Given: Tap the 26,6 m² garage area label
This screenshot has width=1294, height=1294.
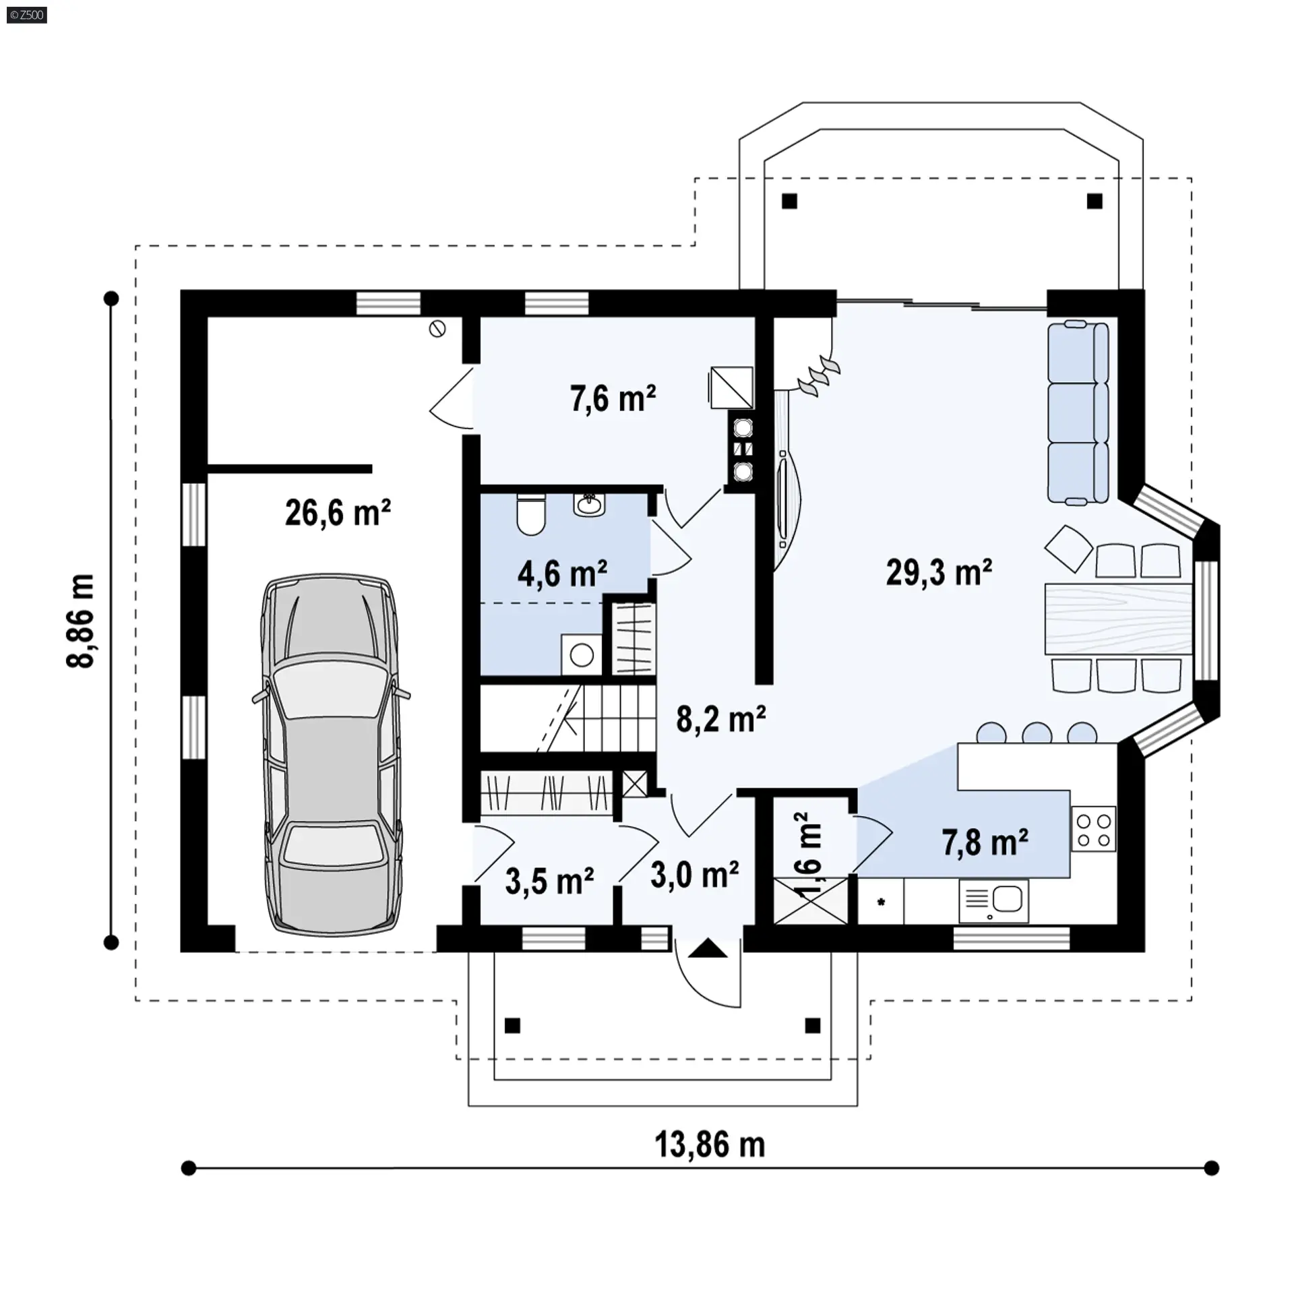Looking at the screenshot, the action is coord(338,513).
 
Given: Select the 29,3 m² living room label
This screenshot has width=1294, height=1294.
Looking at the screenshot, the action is coord(939,572).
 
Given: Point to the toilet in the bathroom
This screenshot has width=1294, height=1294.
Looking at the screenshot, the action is coord(530,515).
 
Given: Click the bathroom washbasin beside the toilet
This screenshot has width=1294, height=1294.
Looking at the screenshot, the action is coord(590,504).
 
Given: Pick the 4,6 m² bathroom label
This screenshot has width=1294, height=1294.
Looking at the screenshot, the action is coord(562,574).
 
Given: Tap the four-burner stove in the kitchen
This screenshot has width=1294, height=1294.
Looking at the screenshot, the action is coord(1093,829).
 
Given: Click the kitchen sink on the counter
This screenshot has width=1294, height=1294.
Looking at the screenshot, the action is coord(993,900).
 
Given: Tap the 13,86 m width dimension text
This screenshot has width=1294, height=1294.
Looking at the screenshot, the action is coord(710,1145).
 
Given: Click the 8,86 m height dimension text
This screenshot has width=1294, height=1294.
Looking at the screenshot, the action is coord(81,621).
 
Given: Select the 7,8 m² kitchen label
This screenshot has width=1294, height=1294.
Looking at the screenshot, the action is coord(985,842).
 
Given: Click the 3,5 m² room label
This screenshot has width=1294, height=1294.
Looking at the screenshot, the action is coord(549,882).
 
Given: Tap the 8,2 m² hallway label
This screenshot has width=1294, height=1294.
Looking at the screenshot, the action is coord(720,719).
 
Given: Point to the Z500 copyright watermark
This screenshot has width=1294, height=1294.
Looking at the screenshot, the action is coord(27,15).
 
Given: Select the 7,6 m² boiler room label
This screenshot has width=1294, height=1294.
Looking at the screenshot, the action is coord(613,398).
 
